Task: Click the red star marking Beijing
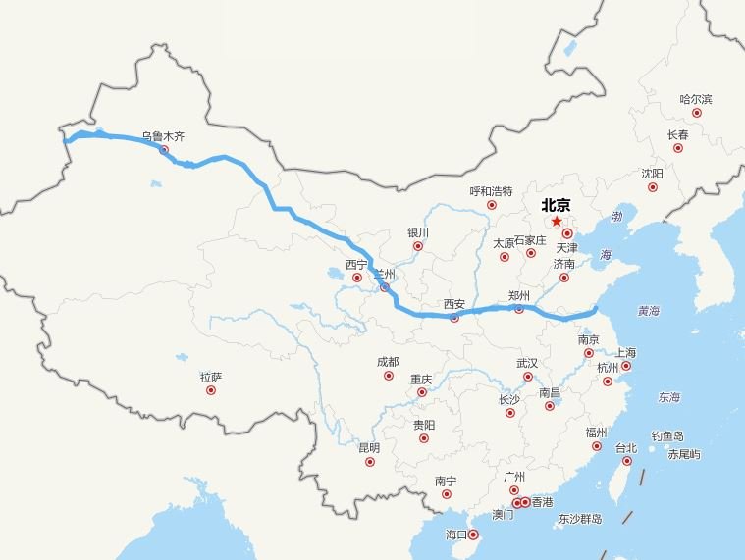click(x=557, y=222)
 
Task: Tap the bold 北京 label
click(x=556, y=205)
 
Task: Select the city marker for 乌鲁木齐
click(x=164, y=150)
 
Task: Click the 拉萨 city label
click(x=211, y=377)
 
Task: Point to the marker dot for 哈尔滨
click(x=697, y=113)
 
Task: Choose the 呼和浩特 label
click(x=491, y=191)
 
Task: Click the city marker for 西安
click(x=453, y=318)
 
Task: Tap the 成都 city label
click(x=388, y=362)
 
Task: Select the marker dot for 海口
click(x=473, y=535)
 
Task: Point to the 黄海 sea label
click(x=649, y=311)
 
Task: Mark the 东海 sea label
click(x=669, y=397)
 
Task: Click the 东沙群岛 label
click(x=580, y=519)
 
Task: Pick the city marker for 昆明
click(x=370, y=462)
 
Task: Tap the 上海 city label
click(x=625, y=353)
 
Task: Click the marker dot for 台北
click(x=627, y=461)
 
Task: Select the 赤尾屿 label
click(x=684, y=454)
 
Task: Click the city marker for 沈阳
click(x=652, y=187)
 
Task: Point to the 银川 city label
click(x=418, y=232)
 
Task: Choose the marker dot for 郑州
click(x=519, y=309)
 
